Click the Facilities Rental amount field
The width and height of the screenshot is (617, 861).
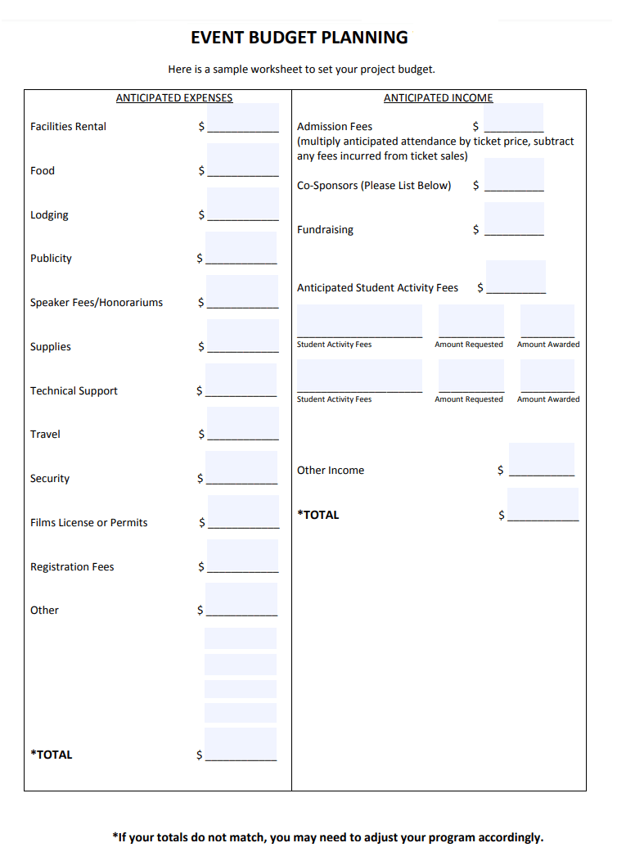[x=243, y=118]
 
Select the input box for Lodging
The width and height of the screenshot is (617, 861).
[x=243, y=205]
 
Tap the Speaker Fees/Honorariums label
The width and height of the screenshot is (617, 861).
[x=97, y=303]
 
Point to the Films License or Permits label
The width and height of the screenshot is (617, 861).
[x=89, y=523]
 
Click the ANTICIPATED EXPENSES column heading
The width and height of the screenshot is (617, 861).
[x=174, y=98]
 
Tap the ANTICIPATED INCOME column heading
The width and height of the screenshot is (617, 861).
[x=439, y=98]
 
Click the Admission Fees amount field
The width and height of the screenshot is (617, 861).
[x=514, y=118]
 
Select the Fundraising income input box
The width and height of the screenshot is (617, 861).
[x=514, y=219]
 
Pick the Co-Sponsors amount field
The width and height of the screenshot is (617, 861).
[x=514, y=174]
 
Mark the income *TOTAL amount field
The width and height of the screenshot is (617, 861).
[x=543, y=504]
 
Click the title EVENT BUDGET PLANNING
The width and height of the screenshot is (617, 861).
[x=299, y=38]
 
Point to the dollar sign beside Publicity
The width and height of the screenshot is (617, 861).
[x=200, y=259]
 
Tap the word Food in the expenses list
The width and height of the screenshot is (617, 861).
[x=43, y=171]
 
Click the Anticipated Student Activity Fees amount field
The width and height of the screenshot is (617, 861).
[x=516, y=277]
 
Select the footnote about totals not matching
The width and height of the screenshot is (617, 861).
[x=327, y=837]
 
